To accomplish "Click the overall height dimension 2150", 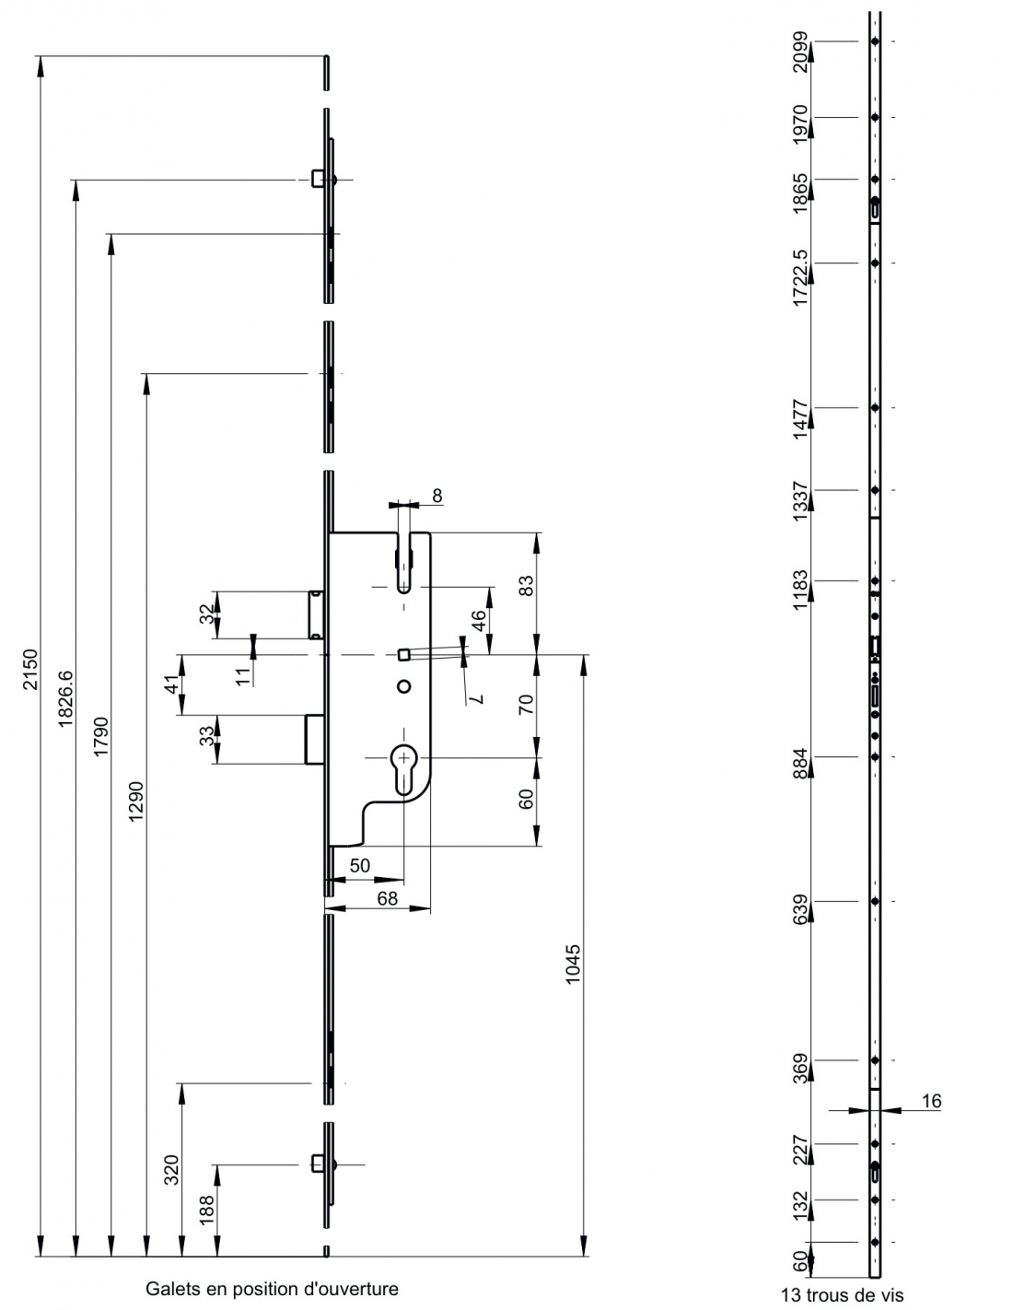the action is click(x=30, y=669).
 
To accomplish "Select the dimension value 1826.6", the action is click(x=65, y=698).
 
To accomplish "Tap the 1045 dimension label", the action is click(x=573, y=964).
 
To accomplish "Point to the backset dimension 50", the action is click(x=360, y=865).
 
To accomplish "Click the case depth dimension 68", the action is click(x=387, y=898).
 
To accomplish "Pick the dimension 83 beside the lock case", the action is click(x=526, y=585).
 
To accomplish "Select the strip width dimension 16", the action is click(x=931, y=1101).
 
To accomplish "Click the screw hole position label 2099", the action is click(x=800, y=53).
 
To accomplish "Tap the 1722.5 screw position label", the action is click(x=800, y=278).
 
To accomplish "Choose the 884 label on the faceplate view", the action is click(x=800, y=763).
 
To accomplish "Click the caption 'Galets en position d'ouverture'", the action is click(x=272, y=1289).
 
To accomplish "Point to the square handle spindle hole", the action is click(x=403, y=654).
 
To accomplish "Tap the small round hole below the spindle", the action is click(x=403, y=686).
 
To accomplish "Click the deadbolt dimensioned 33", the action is click(x=315, y=739).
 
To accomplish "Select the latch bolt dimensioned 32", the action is click(x=316, y=614).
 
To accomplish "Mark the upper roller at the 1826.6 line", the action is click(x=323, y=179).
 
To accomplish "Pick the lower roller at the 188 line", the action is click(x=323, y=1164).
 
